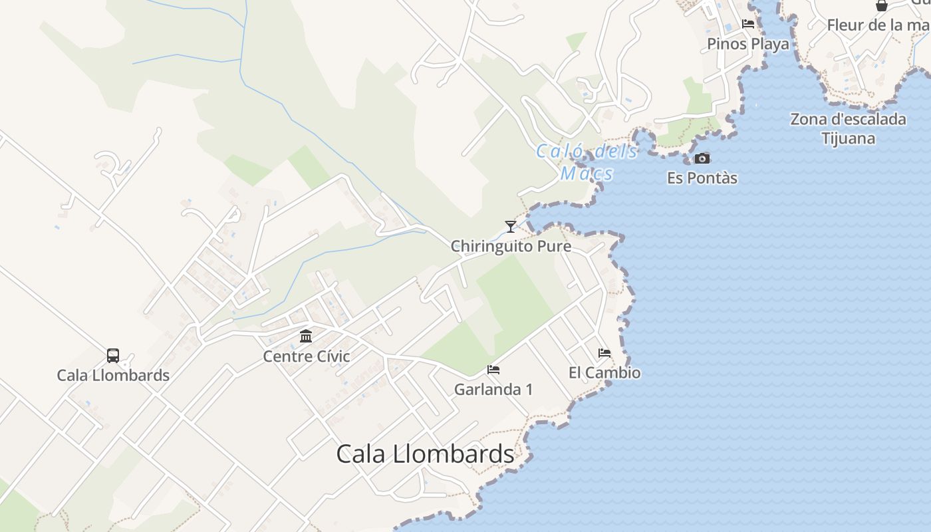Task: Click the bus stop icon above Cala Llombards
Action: click(113, 356)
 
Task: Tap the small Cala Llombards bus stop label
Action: click(113, 375)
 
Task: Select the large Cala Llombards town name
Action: click(425, 454)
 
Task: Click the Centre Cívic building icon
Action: click(306, 336)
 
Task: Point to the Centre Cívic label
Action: click(306, 356)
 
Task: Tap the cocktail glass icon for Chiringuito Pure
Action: click(510, 227)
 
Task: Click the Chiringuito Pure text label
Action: click(511, 246)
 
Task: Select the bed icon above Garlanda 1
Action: click(493, 370)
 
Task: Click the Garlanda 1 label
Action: click(493, 389)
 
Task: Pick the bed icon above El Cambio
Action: click(604, 353)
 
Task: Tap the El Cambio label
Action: click(604, 372)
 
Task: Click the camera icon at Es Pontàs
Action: click(702, 158)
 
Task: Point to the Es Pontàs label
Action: click(702, 178)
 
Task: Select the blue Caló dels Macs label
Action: click(587, 162)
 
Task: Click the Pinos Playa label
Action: click(748, 44)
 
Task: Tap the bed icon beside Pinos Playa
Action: click(748, 25)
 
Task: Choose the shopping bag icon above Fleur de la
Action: click(882, 6)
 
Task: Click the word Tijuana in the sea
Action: click(848, 138)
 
